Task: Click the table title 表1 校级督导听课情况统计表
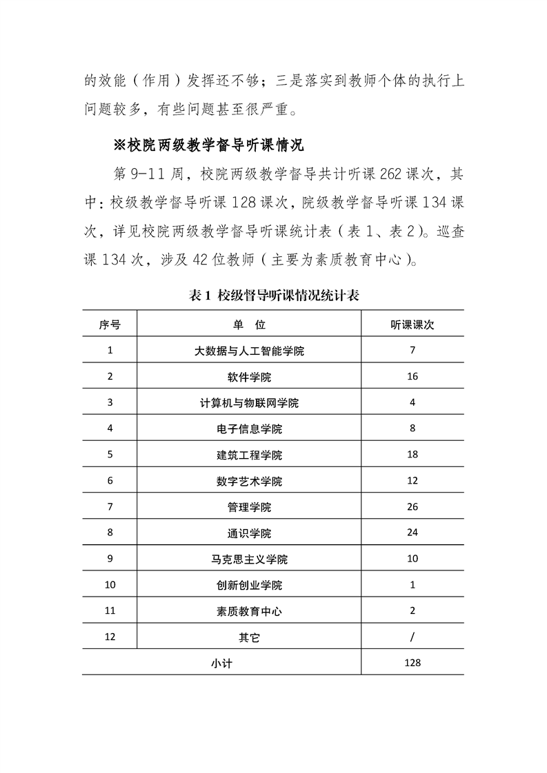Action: point(274,296)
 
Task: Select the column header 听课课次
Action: point(412,324)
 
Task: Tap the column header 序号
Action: point(110,324)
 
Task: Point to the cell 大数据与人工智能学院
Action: point(249,351)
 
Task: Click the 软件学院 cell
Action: point(249,377)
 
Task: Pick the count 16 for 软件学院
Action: point(412,377)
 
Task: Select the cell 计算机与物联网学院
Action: point(249,403)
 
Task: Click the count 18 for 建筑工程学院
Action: point(412,455)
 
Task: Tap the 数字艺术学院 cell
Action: point(249,481)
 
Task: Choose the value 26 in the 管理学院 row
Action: point(412,507)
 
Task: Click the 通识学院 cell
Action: point(249,533)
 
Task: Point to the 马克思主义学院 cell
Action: point(249,559)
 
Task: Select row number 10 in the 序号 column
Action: point(110,585)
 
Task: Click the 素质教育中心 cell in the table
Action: point(249,611)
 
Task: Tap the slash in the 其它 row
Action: point(412,637)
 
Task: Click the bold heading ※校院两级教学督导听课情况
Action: point(208,146)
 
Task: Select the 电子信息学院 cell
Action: point(249,429)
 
